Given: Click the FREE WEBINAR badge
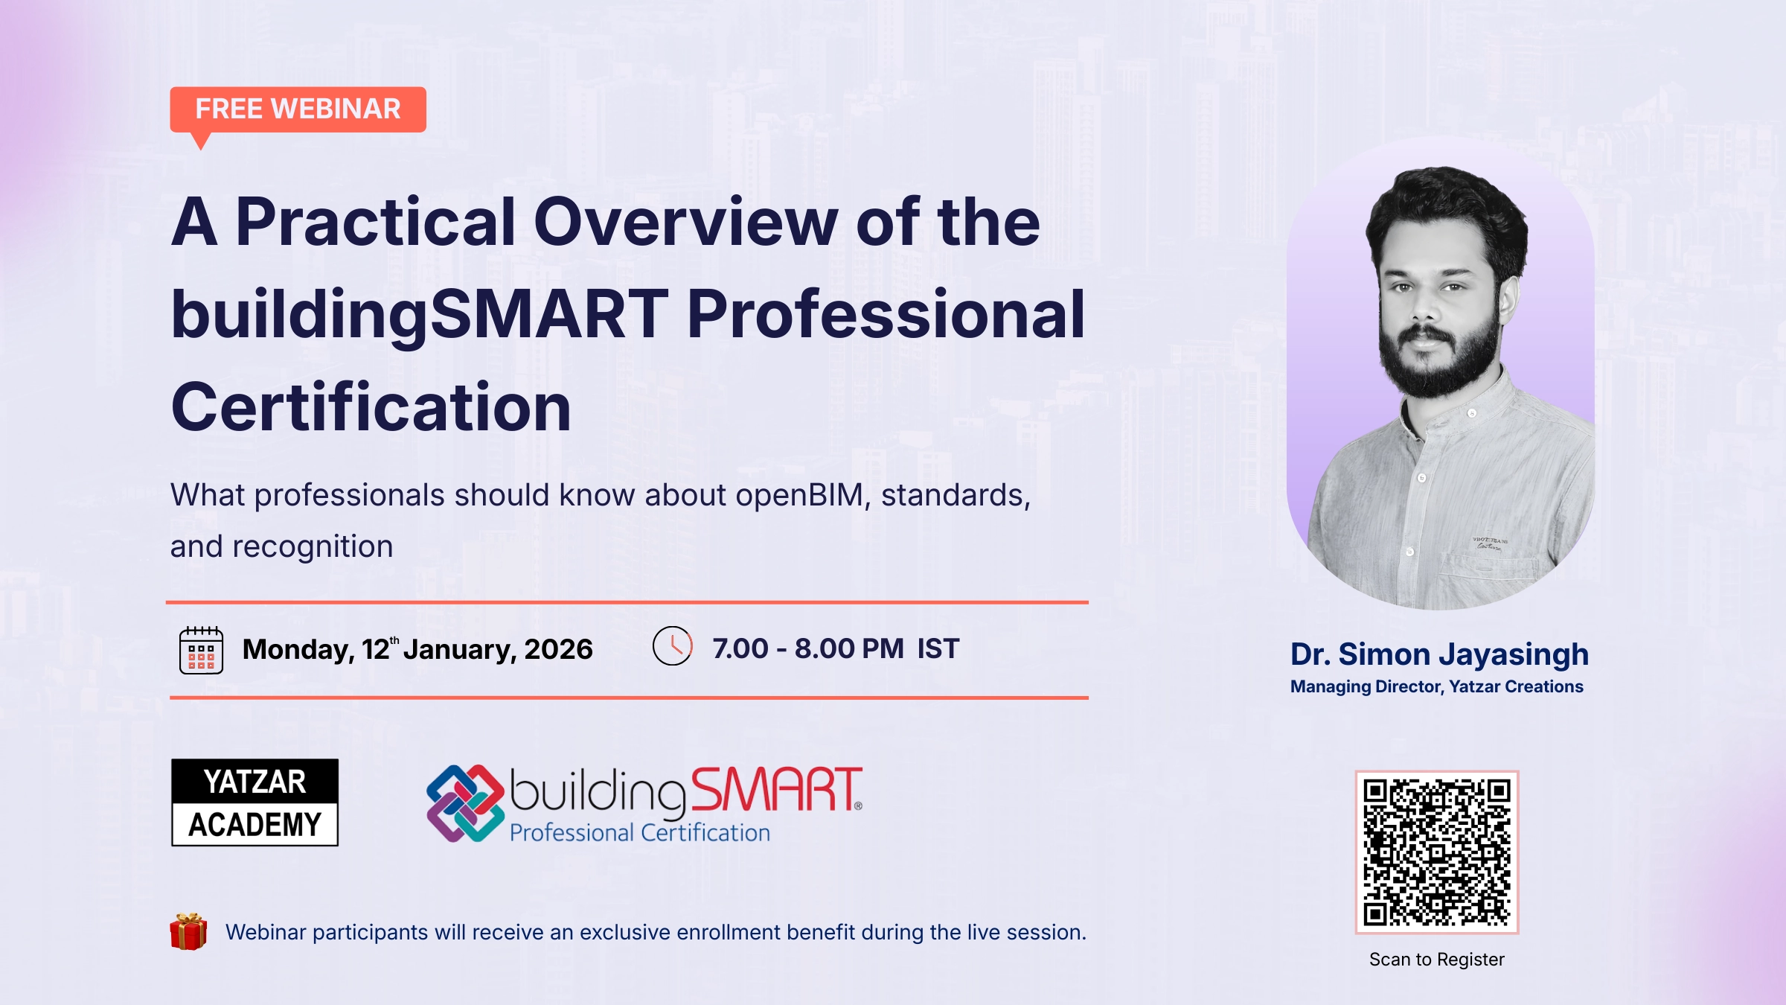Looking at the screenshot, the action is [298, 110].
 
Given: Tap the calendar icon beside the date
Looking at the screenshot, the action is [201, 650].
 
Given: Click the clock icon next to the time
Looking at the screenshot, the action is [672, 646].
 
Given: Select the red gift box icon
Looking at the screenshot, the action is [188, 931].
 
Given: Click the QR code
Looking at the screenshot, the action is [1436, 852].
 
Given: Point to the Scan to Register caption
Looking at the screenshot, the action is [1436, 960].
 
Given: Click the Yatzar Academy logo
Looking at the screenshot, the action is [255, 803].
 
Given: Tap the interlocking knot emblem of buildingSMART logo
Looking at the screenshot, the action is [465, 803].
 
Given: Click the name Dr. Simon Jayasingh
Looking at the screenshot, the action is [1439, 654].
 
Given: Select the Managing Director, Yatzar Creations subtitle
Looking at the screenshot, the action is [1436, 686].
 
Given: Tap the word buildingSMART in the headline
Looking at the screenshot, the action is [420, 315].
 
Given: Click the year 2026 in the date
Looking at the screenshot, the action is [558, 649].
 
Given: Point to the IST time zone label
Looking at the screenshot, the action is [938, 648].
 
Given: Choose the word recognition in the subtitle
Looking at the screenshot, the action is [313, 547].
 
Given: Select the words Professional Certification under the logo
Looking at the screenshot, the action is [639, 832].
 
